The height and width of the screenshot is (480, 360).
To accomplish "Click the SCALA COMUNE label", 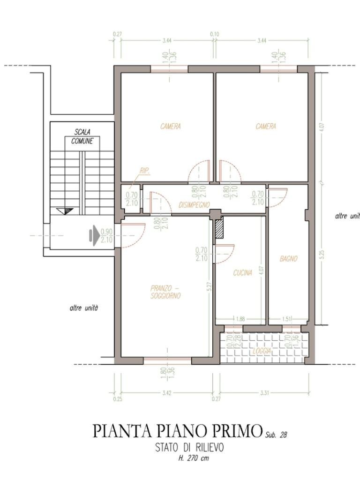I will (x=82, y=136).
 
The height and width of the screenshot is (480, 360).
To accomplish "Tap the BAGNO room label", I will (x=288, y=258).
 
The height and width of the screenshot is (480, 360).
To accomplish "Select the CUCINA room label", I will (x=243, y=272).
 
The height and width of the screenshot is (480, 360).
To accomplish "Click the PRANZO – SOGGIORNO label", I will (x=165, y=292).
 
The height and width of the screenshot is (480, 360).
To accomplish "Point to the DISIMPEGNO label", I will (x=194, y=205).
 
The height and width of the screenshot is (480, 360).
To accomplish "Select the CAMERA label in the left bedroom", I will (x=170, y=127).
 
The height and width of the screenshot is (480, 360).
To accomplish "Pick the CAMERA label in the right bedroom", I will (x=266, y=127).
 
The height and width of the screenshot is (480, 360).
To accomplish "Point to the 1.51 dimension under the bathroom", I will (x=287, y=319).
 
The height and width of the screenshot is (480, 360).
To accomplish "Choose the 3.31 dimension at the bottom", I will (x=264, y=393).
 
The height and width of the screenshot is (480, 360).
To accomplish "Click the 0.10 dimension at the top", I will (x=215, y=34).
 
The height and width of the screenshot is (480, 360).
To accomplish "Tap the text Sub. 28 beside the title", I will (x=276, y=434).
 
